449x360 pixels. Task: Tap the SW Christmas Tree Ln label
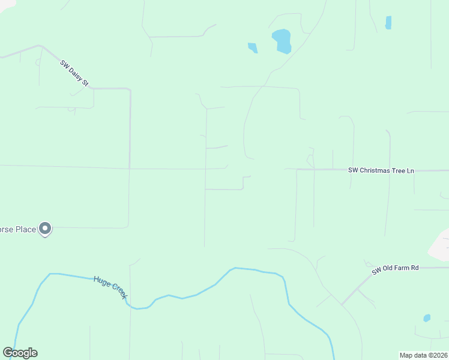[x=381, y=170]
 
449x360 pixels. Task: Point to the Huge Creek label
[x=110, y=288]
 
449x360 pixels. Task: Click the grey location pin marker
[x=45, y=229]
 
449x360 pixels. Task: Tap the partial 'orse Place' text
[x=18, y=229]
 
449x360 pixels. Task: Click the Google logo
[x=20, y=353]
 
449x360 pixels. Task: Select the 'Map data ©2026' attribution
[x=423, y=355]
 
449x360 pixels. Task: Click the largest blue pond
[x=282, y=41]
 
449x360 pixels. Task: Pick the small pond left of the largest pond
[x=253, y=47]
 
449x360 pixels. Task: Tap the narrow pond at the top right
[x=388, y=23]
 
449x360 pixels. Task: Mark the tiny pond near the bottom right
[x=427, y=318]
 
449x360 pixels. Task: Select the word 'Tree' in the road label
[x=397, y=170]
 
